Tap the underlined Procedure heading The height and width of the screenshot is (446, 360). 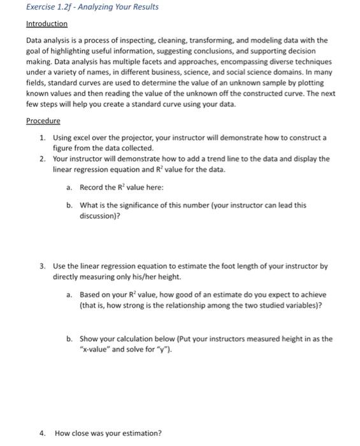click(x=43, y=121)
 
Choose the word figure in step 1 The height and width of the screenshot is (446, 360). click(x=64, y=147)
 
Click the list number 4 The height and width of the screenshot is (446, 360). click(x=41, y=433)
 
